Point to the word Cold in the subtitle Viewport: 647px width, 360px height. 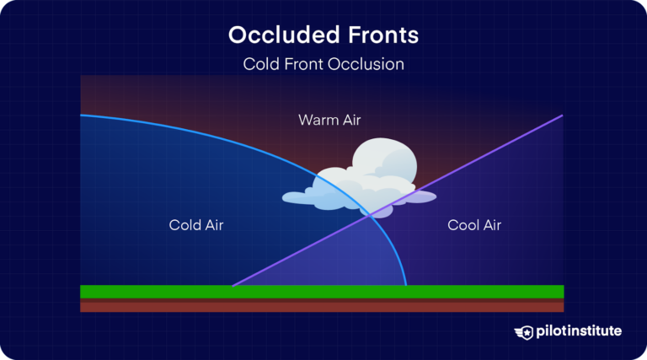260,64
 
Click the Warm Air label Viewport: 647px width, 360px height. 329,120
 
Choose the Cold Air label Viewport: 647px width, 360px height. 196,225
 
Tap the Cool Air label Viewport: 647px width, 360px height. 474,225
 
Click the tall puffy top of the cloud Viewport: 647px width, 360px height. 383,160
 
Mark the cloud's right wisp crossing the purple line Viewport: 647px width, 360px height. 421,197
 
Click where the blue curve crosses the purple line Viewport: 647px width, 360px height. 371,214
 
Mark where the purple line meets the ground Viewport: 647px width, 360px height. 232,286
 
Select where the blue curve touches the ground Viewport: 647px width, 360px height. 406,286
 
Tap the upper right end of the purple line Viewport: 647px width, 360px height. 561,116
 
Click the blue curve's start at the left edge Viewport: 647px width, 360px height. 82,116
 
